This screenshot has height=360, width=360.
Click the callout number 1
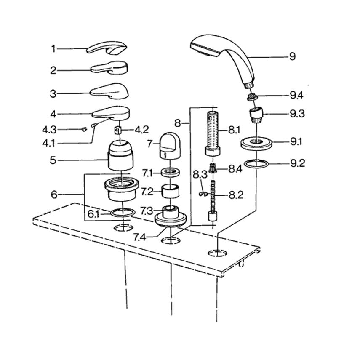tap(53, 49)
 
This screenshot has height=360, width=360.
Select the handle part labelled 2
tap(110, 67)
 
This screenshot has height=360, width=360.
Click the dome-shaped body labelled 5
tap(121, 156)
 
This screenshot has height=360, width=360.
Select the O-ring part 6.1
tap(123, 213)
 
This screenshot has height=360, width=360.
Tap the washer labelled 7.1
tap(170, 172)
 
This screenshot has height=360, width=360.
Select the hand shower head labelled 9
tap(223, 55)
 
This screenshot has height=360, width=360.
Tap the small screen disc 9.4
tap(252, 97)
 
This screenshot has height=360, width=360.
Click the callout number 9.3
tap(296, 114)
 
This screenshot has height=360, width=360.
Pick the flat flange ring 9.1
tap(256, 142)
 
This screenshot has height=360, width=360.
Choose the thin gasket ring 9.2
tap(256, 163)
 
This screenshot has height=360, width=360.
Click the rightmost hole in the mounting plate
tap(217, 253)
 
